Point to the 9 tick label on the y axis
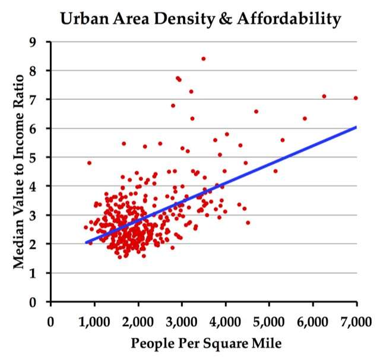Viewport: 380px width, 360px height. tap(41, 42)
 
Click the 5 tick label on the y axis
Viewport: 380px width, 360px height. tap(41, 157)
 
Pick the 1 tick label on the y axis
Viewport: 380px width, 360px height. tap(41, 273)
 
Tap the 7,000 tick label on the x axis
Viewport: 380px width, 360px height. tap(356, 323)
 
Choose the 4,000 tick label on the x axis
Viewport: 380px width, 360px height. tap(226, 323)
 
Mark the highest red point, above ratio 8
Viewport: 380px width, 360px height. tap(203, 59)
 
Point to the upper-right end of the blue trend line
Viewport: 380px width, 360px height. tap(356, 127)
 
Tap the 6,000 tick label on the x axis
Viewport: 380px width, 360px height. tap(313, 323)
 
